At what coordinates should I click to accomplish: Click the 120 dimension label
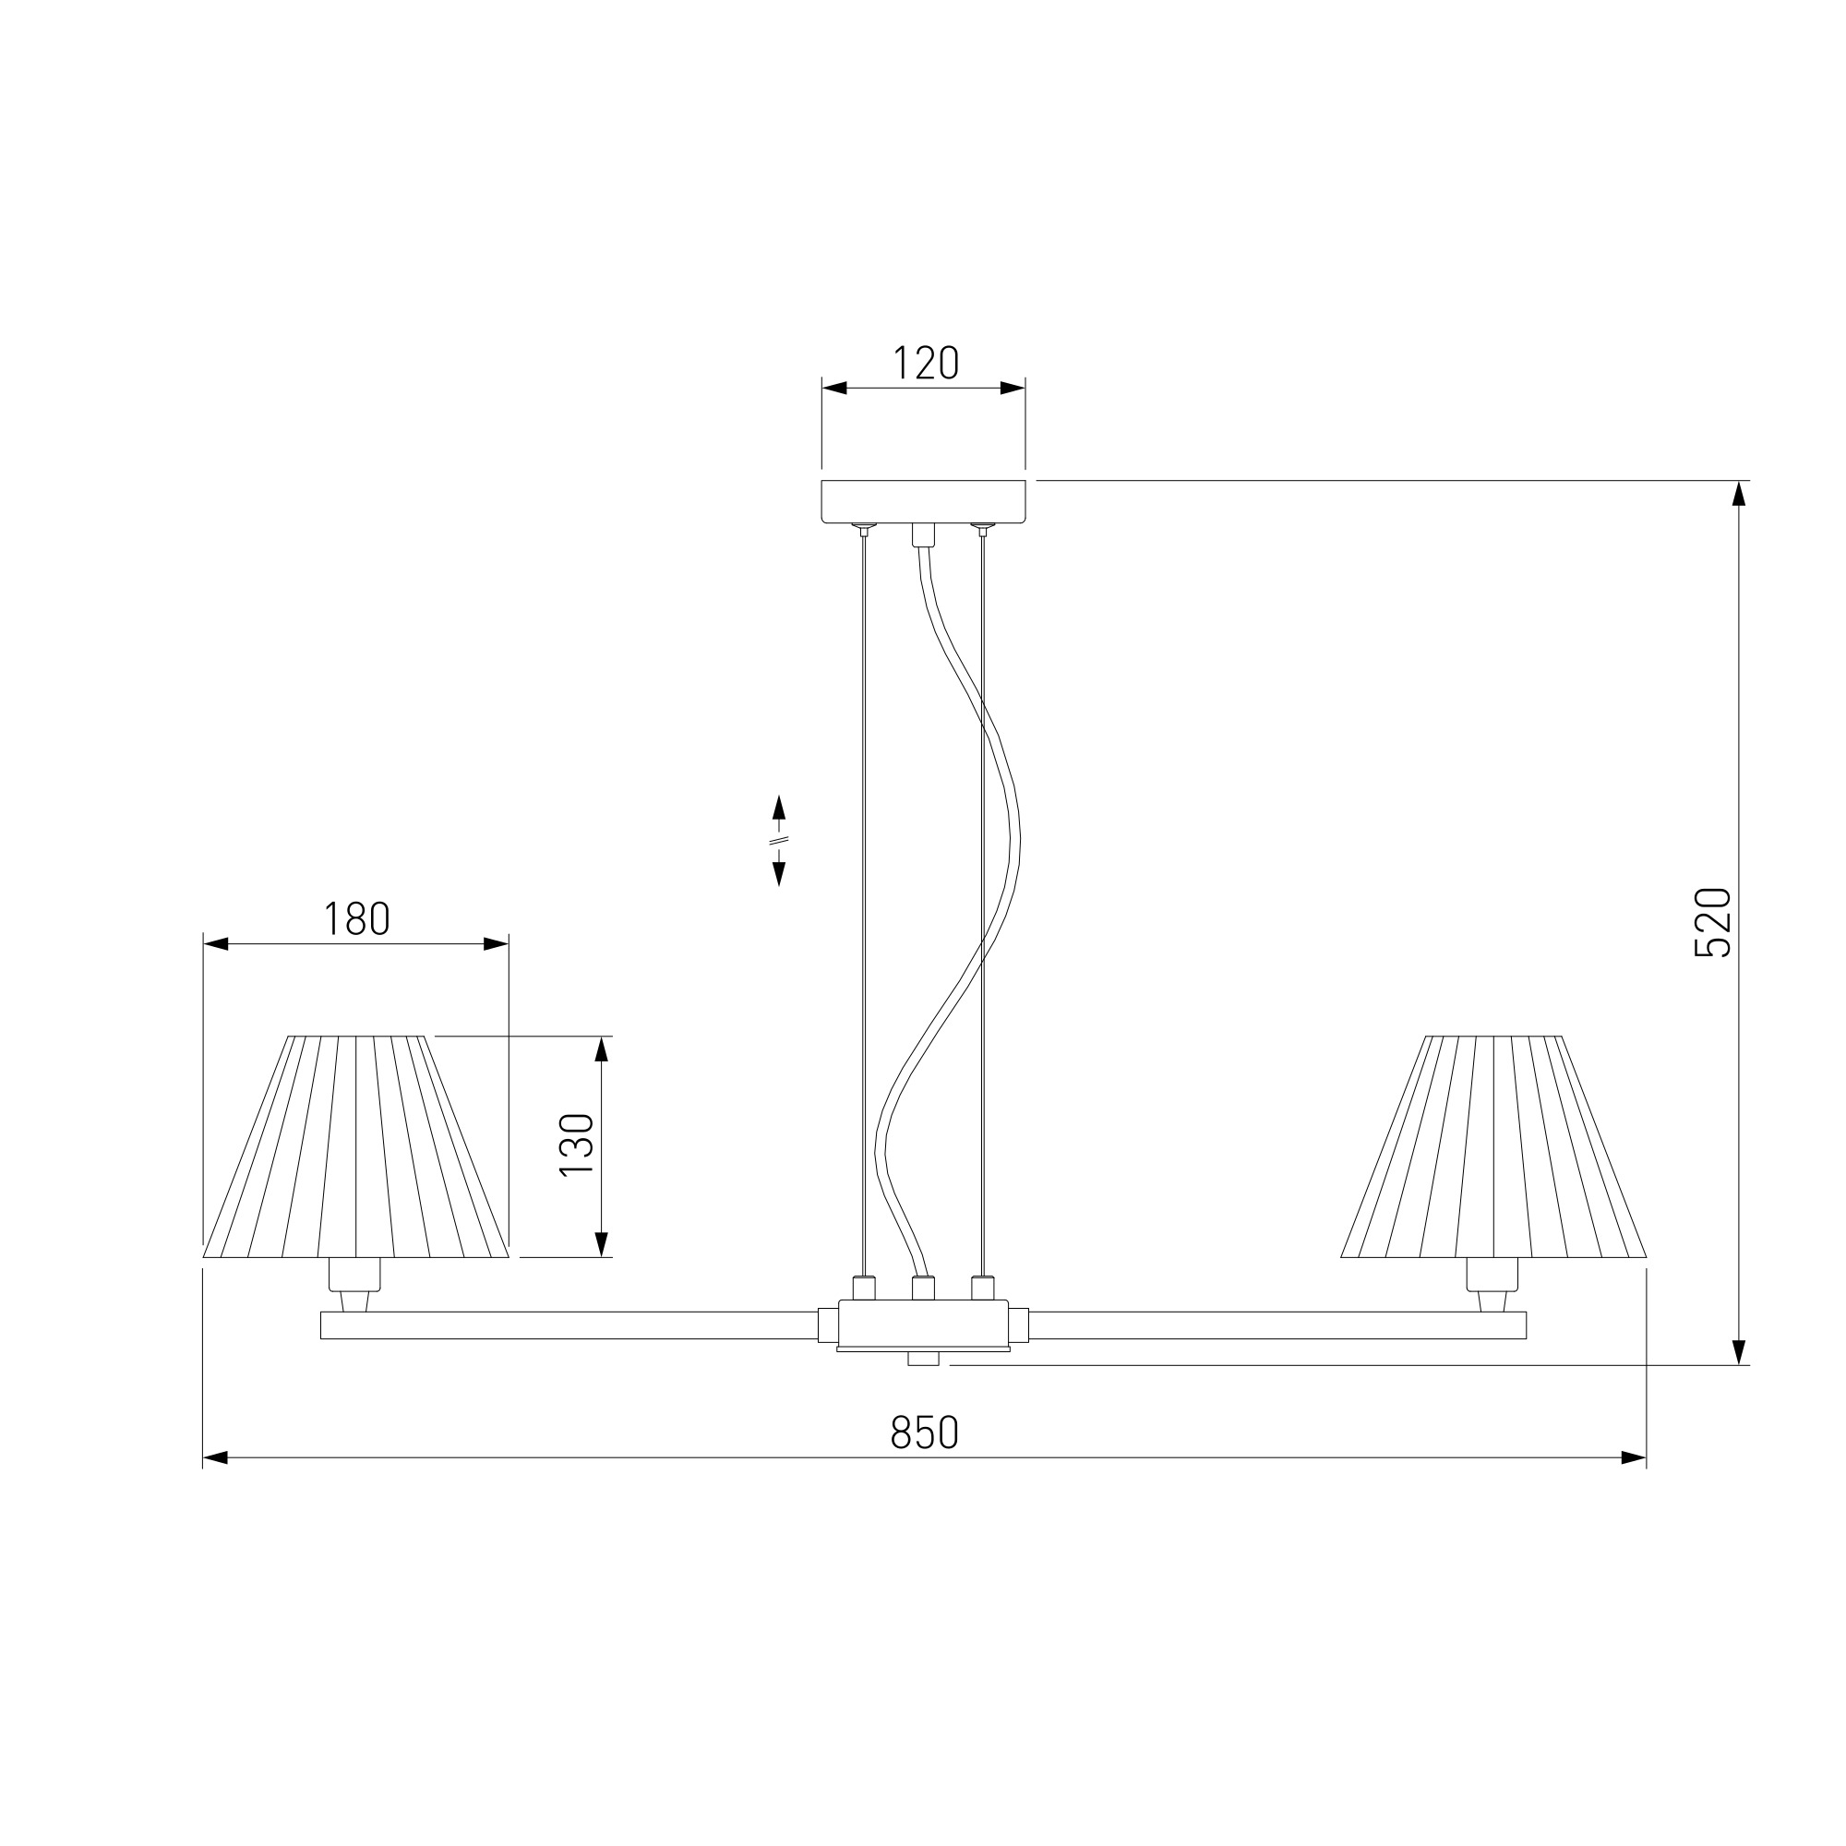tap(925, 363)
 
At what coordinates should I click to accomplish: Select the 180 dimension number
tap(356, 919)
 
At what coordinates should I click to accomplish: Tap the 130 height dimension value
tap(577, 1145)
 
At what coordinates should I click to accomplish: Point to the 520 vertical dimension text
tap(1712, 922)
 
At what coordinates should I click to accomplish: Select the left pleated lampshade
tap(355, 1146)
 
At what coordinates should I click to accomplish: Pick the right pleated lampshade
tap(1493, 1146)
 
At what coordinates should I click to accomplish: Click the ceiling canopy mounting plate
tap(923, 501)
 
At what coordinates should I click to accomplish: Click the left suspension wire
tap(864, 903)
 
